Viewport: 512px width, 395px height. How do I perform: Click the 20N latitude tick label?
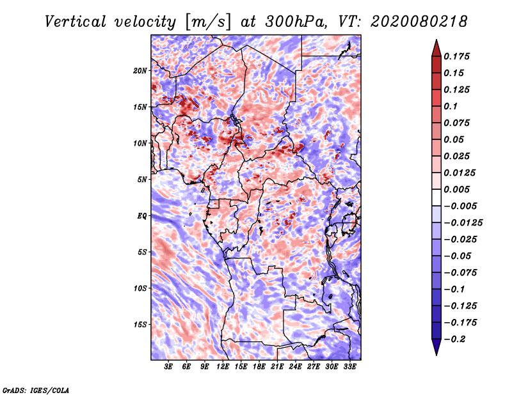click(x=140, y=70)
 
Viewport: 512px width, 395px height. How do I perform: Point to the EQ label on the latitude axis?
click(x=142, y=215)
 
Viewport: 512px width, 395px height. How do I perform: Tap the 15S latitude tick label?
click(x=140, y=325)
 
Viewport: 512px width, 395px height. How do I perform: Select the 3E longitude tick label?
click(x=168, y=367)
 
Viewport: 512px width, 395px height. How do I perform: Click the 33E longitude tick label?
click(x=349, y=367)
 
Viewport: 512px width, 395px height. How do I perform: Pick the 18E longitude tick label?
click(x=259, y=367)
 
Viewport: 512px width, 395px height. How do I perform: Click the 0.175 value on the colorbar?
click(x=456, y=56)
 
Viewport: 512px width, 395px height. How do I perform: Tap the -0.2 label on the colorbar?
click(x=455, y=339)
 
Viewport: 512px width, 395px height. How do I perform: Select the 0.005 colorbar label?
click(x=456, y=189)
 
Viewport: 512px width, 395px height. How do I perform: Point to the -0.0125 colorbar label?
click(x=463, y=223)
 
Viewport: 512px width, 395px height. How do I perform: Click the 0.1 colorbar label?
click(x=451, y=106)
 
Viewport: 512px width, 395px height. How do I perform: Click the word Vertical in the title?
click(x=76, y=22)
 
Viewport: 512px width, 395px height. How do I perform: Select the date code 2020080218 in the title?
click(x=419, y=22)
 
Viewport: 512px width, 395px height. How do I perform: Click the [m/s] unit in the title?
click(x=208, y=22)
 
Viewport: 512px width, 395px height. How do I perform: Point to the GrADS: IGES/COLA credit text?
click(x=36, y=390)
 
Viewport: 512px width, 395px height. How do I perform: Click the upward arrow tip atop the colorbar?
click(x=436, y=40)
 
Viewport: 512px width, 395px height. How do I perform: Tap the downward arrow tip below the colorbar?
click(x=436, y=355)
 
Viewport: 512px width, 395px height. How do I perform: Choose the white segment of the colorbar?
click(x=436, y=197)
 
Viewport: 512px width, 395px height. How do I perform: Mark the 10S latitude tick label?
click(x=140, y=288)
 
